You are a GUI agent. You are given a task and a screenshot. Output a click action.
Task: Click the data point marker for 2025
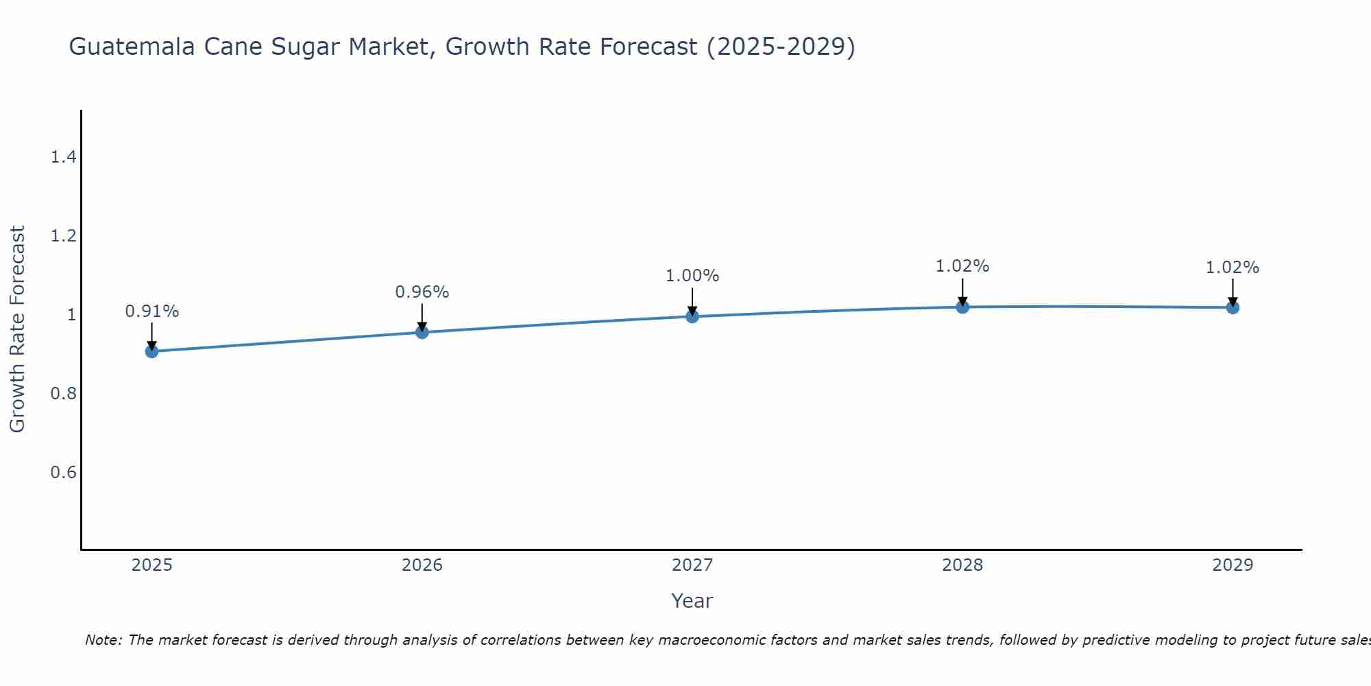pyautogui.click(x=152, y=351)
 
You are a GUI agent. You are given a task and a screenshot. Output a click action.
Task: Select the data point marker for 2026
pyautogui.click(x=422, y=332)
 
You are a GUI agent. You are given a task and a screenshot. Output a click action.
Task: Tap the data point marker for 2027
pyautogui.click(x=692, y=316)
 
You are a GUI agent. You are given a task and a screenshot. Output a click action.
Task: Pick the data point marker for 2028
pyautogui.click(x=962, y=307)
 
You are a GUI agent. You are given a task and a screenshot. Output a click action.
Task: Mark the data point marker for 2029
pyautogui.click(x=1233, y=307)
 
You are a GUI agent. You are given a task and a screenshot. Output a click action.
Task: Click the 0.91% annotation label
pyautogui.click(x=152, y=311)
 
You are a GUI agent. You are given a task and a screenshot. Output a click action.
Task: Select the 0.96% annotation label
pyautogui.click(x=422, y=292)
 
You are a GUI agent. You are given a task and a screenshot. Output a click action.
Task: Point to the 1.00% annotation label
pyautogui.click(x=692, y=276)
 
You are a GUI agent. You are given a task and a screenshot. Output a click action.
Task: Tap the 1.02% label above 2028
pyautogui.click(x=962, y=266)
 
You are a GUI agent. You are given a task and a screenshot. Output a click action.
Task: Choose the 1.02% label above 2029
pyautogui.click(x=1233, y=268)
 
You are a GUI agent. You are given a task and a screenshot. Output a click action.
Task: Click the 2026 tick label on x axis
pyautogui.click(x=422, y=565)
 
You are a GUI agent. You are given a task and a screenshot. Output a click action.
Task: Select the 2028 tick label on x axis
pyautogui.click(x=962, y=565)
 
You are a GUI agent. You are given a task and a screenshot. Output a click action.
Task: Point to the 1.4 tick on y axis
pyautogui.click(x=63, y=158)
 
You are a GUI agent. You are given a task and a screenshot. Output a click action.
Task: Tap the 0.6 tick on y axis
pyautogui.click(x=63, y=473)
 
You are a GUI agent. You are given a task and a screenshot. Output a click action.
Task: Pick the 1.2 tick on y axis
pyautogui.click(x=63, y=237)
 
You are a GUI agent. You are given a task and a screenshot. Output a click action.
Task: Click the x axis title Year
pyautogui.click(x=692, y=601)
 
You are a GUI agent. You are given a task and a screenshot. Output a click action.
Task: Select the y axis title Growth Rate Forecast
pyautogui.click(x=18, y=329)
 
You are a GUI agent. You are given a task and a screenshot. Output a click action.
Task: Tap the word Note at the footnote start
pyautogui.click(x=103, y=640)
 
